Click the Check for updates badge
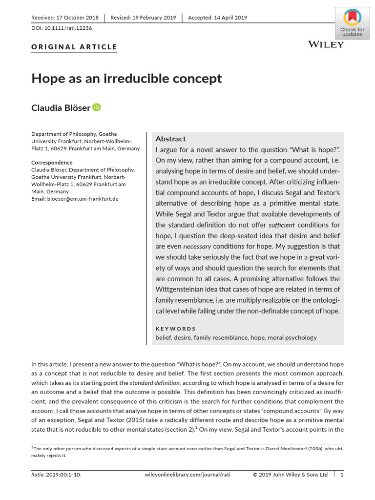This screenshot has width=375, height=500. [x=352, y=23]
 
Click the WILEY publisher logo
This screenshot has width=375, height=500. [x=326, y=44]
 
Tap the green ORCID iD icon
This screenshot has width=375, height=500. [x=97, y=107]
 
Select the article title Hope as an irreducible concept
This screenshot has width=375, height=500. [x=126, y=78]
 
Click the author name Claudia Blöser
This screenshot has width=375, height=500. [x=61, y=108]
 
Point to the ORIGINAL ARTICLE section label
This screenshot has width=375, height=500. [x=74, y=47]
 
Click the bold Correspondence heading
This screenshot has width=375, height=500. [x=52, y=163]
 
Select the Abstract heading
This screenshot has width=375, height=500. [x=170, y=139]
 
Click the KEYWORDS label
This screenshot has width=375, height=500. [x=175, y=329]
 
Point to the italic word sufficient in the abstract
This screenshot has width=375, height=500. [x=281, y=226]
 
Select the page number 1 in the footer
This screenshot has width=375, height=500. [x=342, y=475]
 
